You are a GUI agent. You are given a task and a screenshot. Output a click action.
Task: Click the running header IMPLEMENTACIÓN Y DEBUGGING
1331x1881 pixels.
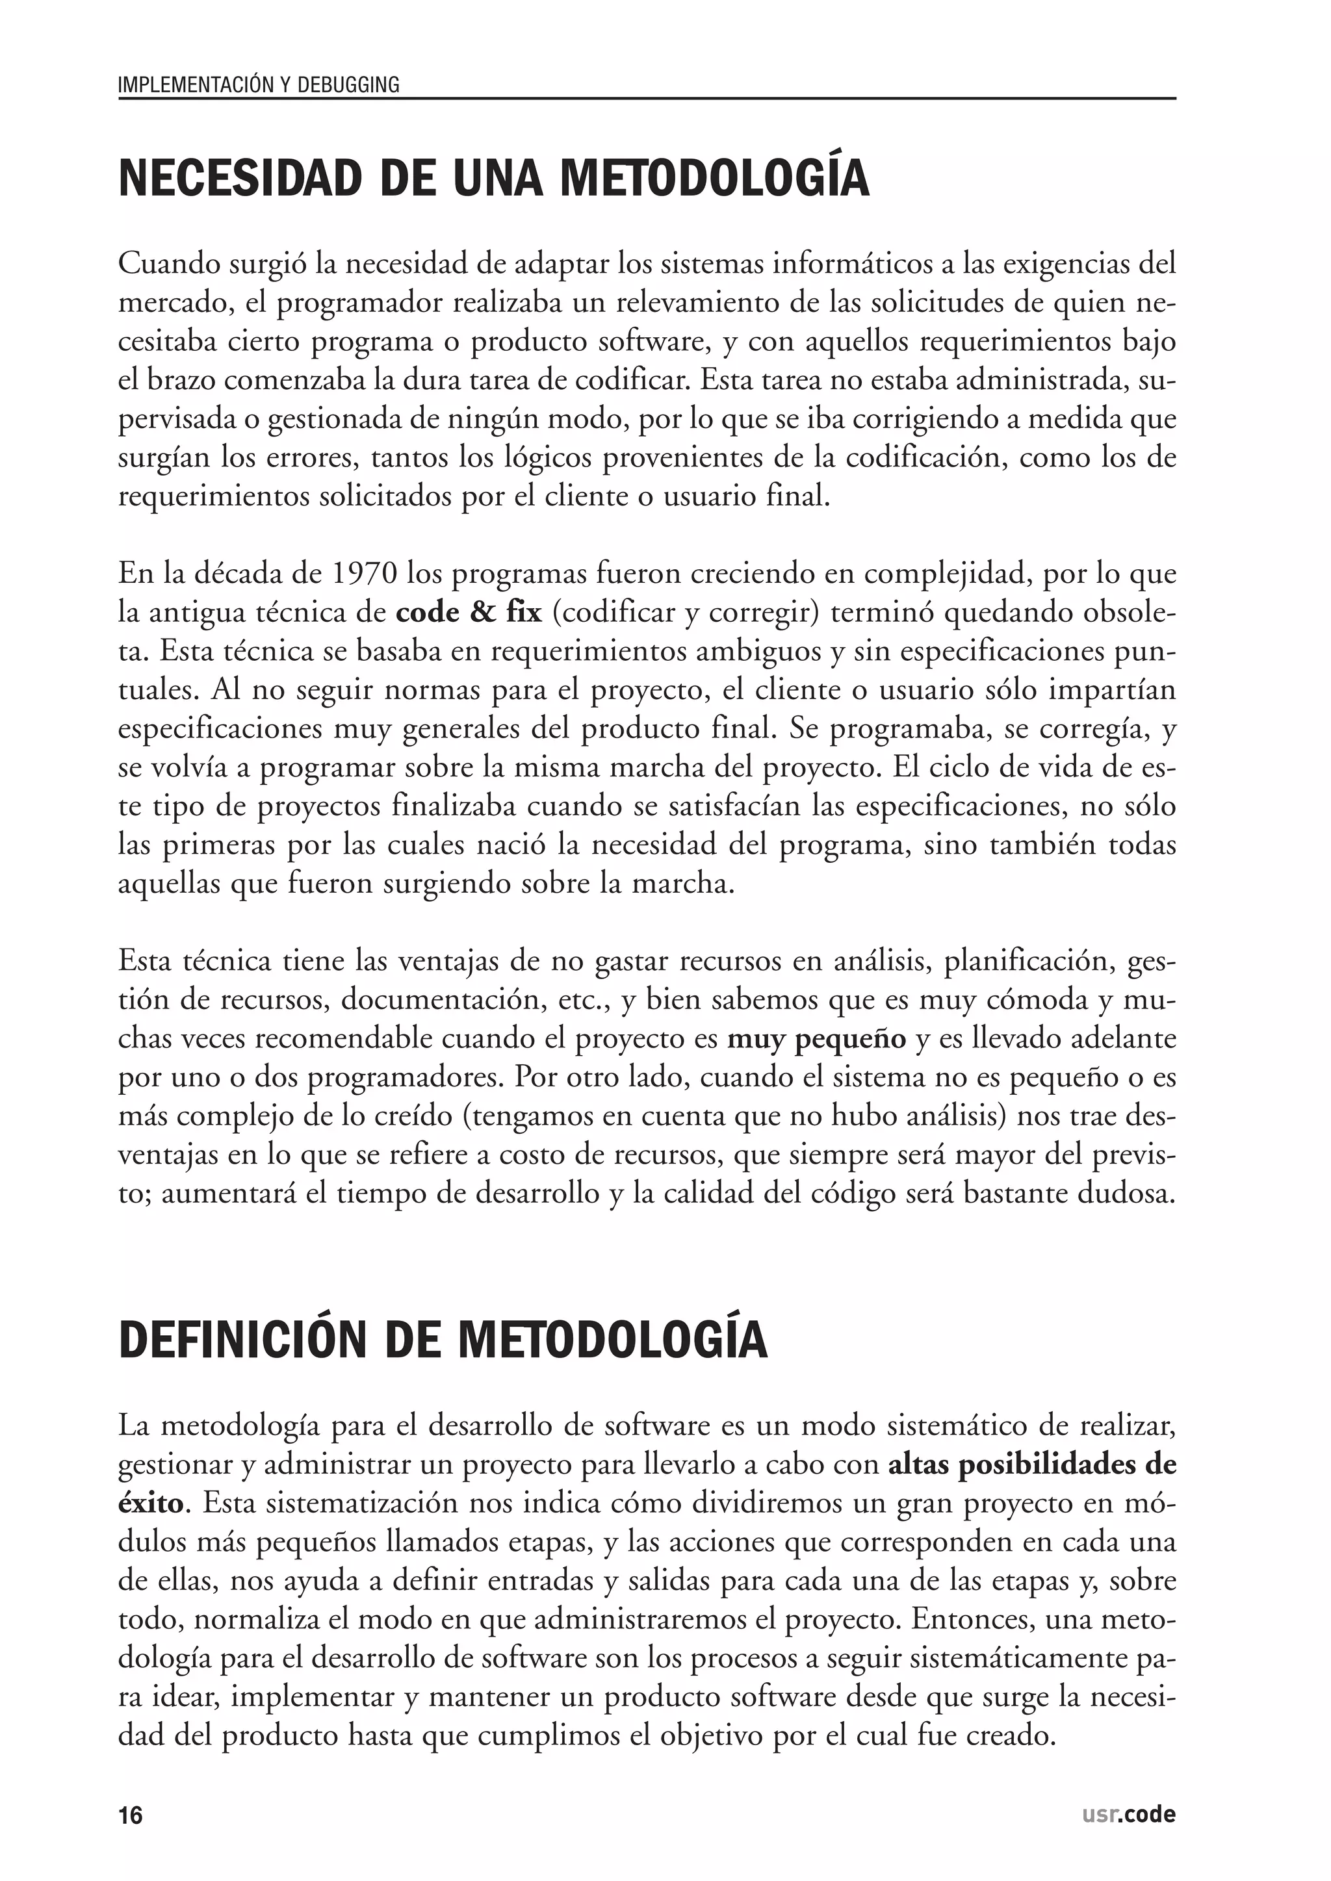259,84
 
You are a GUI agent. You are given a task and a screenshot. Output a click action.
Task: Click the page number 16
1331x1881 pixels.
131,1815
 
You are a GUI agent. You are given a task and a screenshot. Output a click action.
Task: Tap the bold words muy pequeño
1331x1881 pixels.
816,1039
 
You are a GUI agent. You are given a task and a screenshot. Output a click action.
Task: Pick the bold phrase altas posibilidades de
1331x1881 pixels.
1032,1465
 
